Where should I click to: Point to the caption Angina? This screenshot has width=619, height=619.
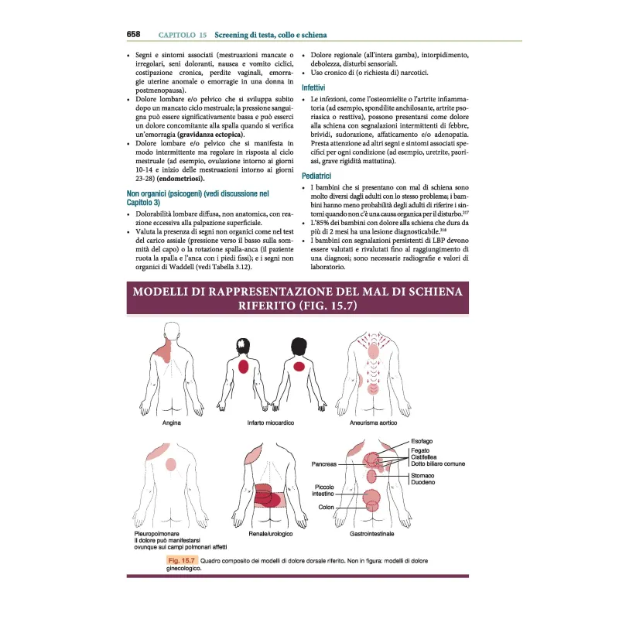click(172, 423)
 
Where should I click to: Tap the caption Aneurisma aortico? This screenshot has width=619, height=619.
click(374, 423)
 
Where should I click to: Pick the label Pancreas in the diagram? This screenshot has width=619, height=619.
click(324, 465)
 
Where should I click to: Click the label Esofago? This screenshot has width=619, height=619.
click(422, 441)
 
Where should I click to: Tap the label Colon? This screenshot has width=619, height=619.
click(326, 508)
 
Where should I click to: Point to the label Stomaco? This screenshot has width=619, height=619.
click(422, 474)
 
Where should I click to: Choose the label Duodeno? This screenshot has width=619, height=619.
click(422, 482)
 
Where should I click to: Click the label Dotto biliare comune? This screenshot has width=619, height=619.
click(438, 463)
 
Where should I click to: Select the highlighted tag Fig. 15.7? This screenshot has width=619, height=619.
click(182, 559)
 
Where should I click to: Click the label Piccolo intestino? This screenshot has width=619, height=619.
click(323, 489)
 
